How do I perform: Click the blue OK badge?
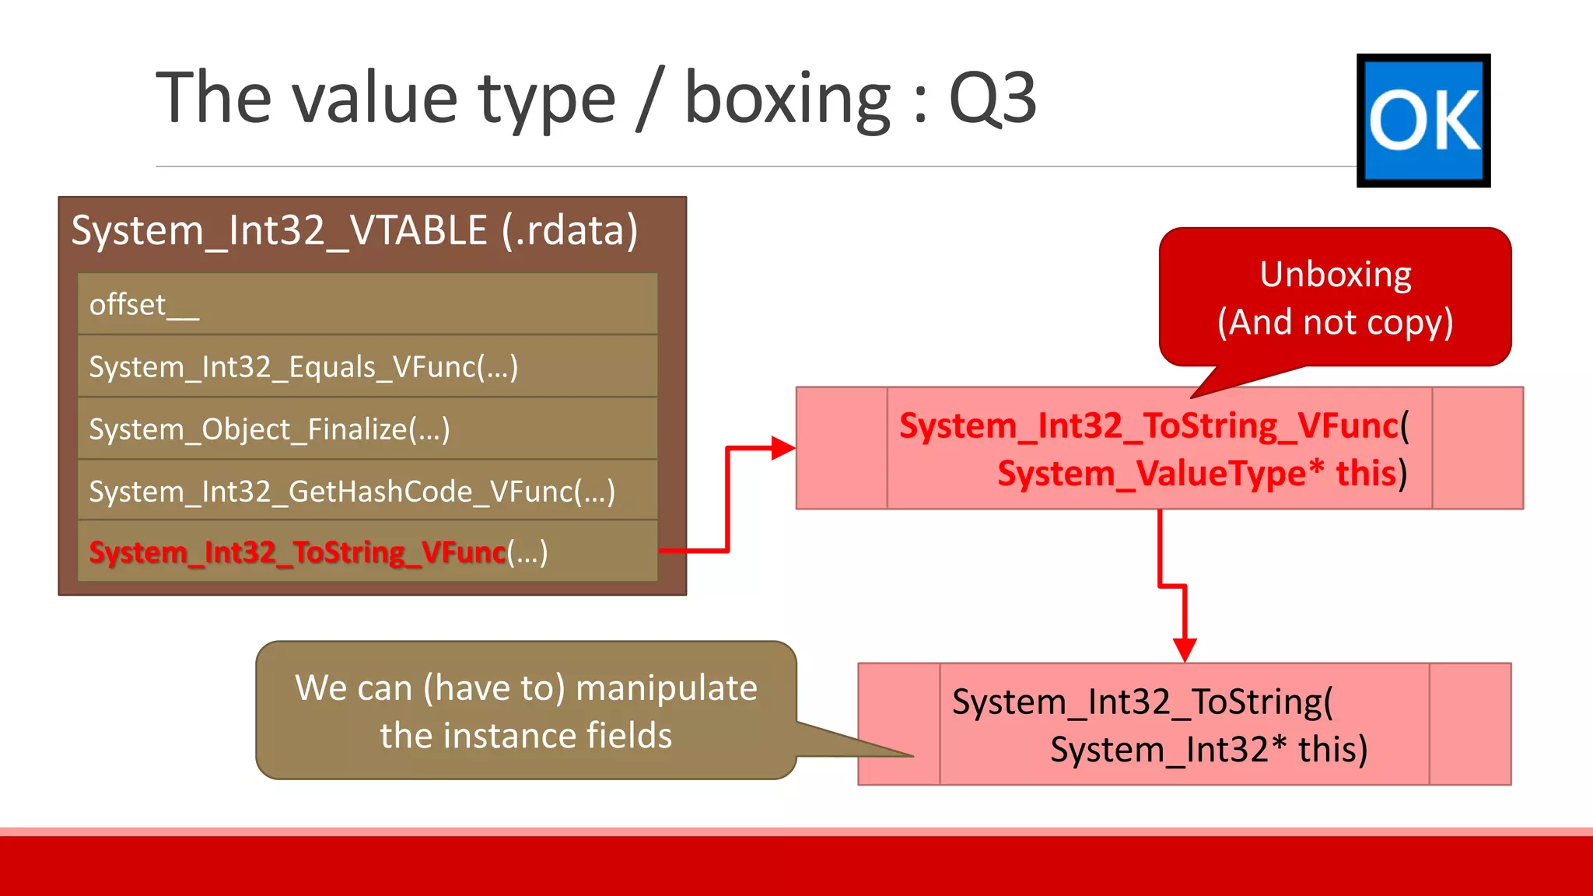(1423, 121)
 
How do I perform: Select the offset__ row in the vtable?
(367, 304)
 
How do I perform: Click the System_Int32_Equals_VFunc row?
(367, 366)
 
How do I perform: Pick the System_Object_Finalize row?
(367, 429)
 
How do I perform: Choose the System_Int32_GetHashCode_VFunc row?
(367, 491)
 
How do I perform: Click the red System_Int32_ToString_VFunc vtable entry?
(297, 552)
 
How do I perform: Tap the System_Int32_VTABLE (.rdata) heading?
(355, 230)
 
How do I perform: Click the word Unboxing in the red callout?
(1335, 275)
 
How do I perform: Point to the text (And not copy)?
(1335, 322)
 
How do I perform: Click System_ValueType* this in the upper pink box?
(1201, 473)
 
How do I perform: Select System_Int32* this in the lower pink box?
(1208, 750)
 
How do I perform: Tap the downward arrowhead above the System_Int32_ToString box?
(1184, 649)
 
